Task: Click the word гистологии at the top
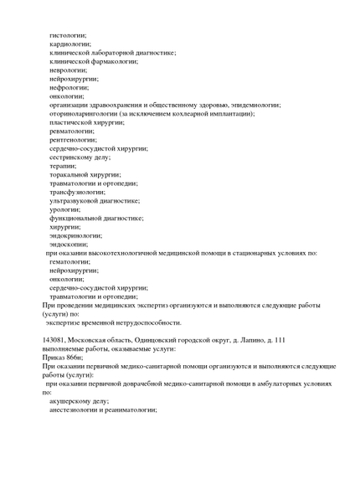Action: tap(68, 35)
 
